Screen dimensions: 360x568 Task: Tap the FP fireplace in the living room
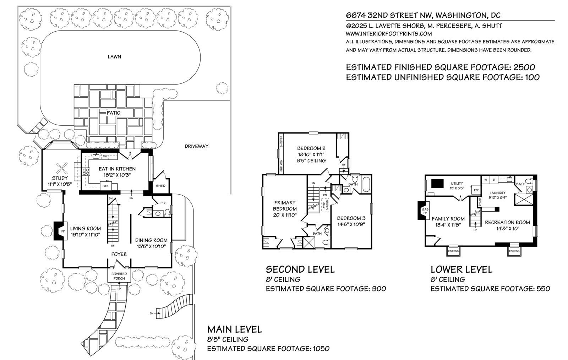click(x=59, y=231)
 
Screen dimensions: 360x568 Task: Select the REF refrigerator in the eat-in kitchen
click(x=106, y=186)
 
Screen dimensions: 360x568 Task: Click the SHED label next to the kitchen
click(x=160, y=186)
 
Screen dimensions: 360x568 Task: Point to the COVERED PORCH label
click(x=119, y=276)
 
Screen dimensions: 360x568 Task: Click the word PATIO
click(x=114, y=113)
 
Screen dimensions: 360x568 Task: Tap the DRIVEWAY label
click(x=196, y=146)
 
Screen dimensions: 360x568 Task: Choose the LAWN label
click(x=114, y=56)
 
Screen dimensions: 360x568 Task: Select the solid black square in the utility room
click(x=438, y=183)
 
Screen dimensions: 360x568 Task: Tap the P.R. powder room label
click(x=163, y=203)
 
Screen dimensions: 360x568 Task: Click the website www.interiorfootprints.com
click(x=389, y=34)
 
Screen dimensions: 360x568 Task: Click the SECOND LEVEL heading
click(x=300, y=269)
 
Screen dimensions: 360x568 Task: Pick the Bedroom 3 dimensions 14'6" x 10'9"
click(x=351, y=224)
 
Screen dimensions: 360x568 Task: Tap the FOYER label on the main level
click(x=119, y=254)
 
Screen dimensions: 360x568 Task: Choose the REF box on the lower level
click(x=476, y=190)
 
